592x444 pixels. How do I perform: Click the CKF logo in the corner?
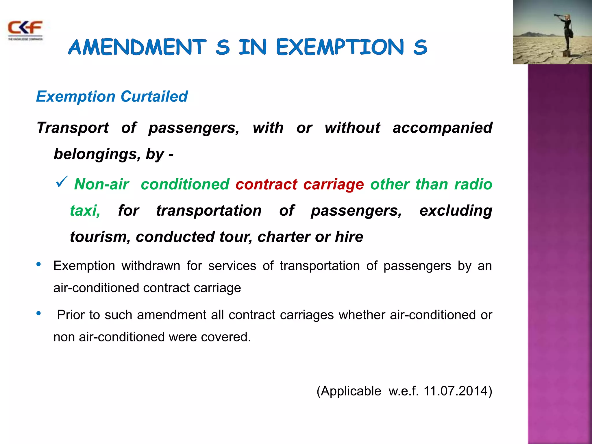(x=25, y=30)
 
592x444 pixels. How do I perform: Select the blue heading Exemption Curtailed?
(x=112, y=96)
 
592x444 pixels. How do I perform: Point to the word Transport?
(x=73, y=127)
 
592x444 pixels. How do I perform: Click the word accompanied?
(x=443, y=127)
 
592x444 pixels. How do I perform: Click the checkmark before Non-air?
(x=61, y=182)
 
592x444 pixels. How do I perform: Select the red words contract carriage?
(x=299, y=184)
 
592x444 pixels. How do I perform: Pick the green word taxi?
(x=85, y=210)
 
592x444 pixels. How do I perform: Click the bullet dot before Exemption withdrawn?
(x=38, y=264)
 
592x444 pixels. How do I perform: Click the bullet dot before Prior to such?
(x=38, y=313)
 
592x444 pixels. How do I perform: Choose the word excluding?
(x=456, y=210)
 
